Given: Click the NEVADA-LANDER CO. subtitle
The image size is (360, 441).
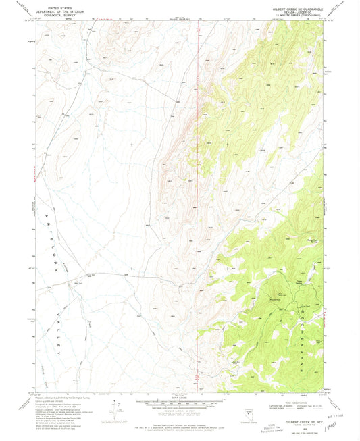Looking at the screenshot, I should (298, 14).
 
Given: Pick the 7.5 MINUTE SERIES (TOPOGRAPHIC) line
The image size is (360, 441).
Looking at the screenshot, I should (298, 18).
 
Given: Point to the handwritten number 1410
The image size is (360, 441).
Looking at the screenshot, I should (331, 427).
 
